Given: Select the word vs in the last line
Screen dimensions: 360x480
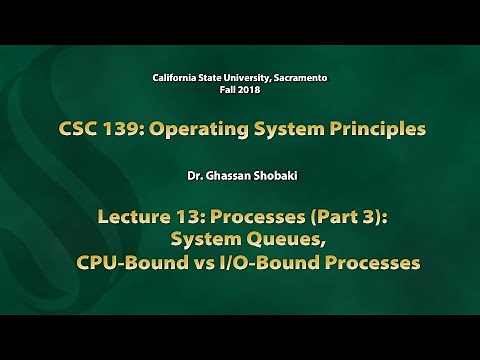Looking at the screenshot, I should (x=207, y=265).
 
